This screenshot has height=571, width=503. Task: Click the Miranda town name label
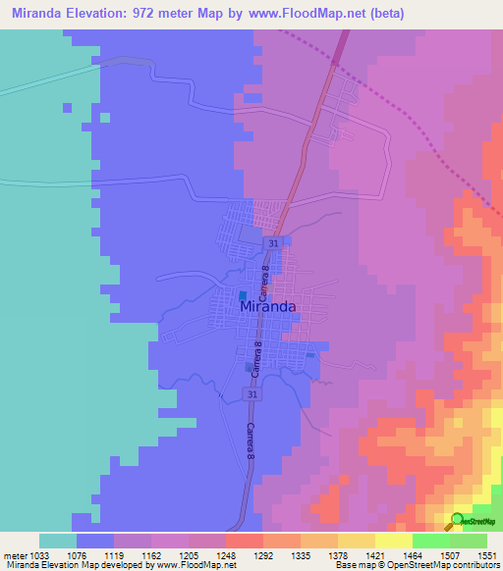point(268,306)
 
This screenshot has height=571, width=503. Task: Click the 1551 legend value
point(484,555)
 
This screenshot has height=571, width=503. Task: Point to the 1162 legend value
point(149,555)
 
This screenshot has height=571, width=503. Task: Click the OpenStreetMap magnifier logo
point(458,520)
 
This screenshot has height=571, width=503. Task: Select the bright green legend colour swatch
point(430,541)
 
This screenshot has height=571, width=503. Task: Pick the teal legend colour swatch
point(58,541)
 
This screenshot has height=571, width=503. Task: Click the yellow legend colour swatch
point(393,541)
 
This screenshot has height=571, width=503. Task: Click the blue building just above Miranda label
point(243,294)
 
